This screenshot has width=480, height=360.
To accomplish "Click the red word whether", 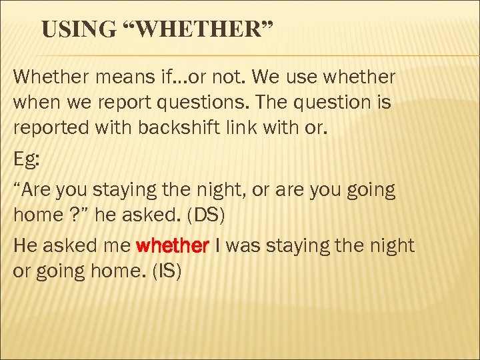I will point(173,246).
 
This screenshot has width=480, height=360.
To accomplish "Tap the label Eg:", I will point(27,159).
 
